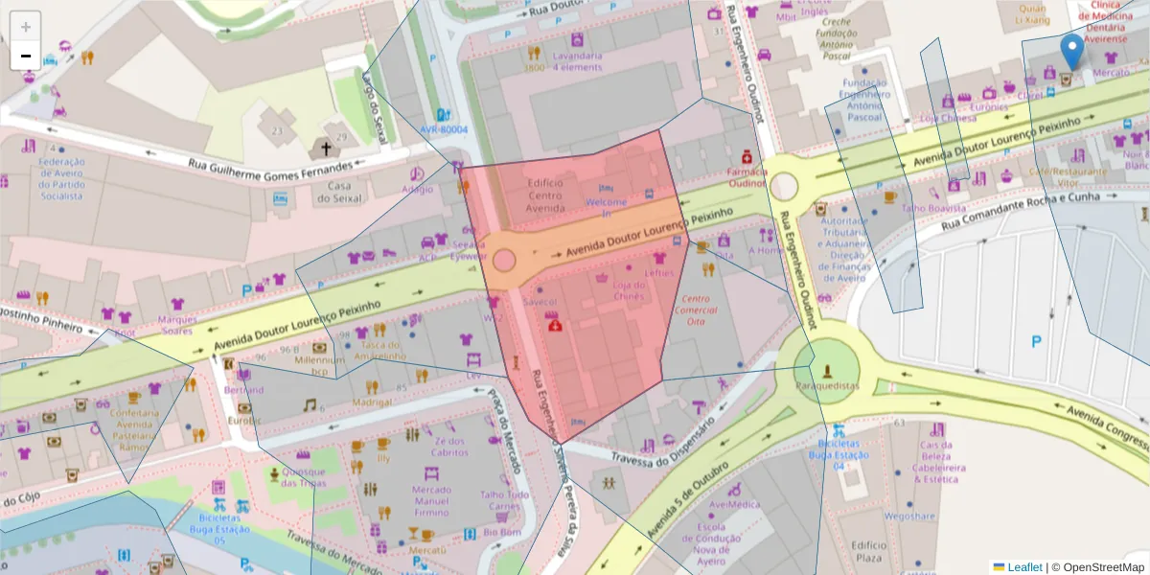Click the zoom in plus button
(x=26, y=27)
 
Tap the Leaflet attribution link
(x=1023, y=566)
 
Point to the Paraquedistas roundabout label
(x=827, y=385)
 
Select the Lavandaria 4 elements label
(x=576, y=61)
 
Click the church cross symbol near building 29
(x=325, y=149)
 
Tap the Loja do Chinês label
(x=630, y=289)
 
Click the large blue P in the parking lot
(x=1035, y=341)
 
